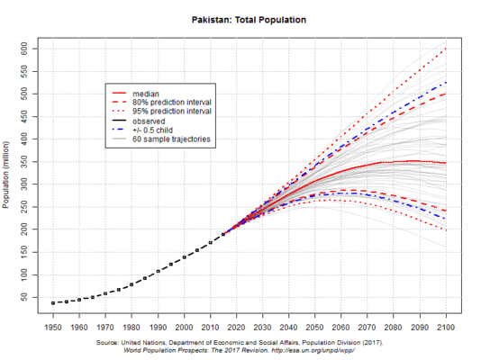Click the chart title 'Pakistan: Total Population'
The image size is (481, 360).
click(249, 18)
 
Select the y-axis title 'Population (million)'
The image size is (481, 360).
click(8, 176)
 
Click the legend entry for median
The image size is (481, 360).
click(145, 93)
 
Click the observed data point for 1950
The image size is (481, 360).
click(53, 303)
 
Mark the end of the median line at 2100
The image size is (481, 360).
click(446, 163)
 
